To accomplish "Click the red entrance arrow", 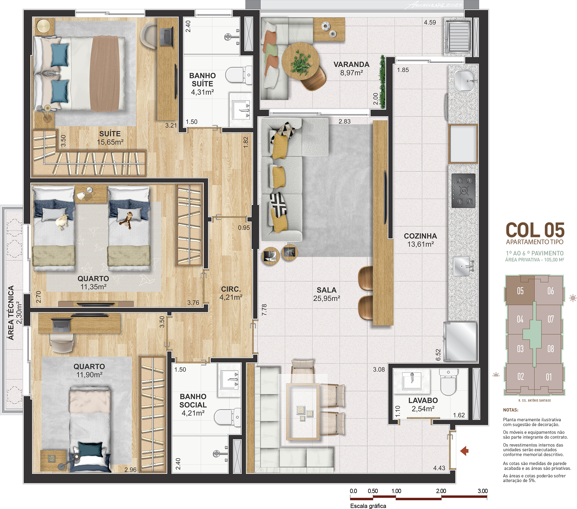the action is [464, 451].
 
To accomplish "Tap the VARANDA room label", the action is [351, 65].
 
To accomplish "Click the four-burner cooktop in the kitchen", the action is [463, 191].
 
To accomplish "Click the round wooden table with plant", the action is [300, 61].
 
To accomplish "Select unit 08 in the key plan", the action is [551, 349].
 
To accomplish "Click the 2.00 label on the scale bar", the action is [441, 491].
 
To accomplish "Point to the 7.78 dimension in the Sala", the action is [264, 310].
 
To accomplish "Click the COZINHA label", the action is [420, 236].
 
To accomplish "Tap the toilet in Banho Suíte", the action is [239, 75].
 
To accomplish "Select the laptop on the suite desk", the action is [166, 37].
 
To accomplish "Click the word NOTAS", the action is [511, 410].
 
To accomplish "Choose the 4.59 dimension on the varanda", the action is [430, 23].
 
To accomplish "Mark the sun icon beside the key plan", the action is [573, 298].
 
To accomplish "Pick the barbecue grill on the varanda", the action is [458, 37].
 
